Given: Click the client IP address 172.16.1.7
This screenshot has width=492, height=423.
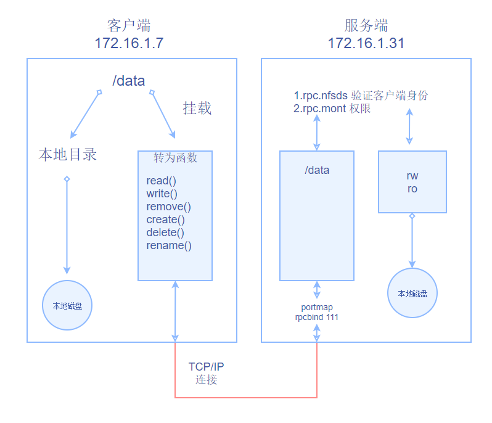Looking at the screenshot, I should point(129,43).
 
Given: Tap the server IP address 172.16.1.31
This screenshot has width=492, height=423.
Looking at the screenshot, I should point(366,43).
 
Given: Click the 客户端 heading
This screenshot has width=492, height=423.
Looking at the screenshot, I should point(129,25).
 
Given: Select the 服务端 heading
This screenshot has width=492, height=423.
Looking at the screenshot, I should point(366,25).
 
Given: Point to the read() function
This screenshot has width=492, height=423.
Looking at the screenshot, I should point(161,181).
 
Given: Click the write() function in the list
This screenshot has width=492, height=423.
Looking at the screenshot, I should point(162,194).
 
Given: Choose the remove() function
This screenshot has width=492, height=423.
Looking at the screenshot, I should point(168,207).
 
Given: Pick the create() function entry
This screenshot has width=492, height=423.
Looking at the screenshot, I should point(165,220).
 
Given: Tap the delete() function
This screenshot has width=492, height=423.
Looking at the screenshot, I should point(165,232).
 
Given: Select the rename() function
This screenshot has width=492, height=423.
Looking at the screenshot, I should point(169,245).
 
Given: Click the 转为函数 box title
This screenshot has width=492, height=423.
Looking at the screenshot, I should point(175,158).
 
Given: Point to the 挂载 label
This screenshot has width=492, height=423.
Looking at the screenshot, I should point(197,109).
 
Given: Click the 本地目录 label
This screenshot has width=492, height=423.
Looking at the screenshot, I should point(68,154).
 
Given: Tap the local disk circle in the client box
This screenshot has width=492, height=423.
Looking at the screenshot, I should point(67,305).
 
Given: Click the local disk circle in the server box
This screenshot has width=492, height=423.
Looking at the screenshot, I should point(412,294).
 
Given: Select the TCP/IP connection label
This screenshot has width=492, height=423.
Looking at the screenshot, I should point(206,373).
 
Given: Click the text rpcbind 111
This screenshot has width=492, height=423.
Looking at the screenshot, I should point(317,317).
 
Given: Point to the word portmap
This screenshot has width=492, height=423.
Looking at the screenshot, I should point(317,307).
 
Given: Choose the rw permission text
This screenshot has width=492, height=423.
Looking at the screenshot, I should point(412,176).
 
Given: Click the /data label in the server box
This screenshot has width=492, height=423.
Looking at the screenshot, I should point(317,170).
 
